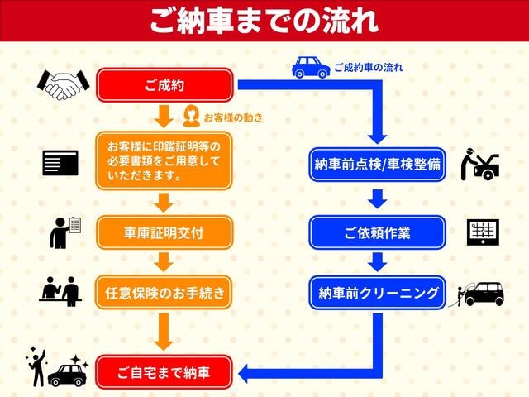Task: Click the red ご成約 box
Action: [164, 85]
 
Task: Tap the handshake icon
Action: [64, 84]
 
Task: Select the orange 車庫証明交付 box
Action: [164, 233]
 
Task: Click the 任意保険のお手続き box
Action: [164, 292]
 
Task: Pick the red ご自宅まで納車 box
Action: [164, 372]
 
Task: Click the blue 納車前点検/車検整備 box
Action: [377, 165]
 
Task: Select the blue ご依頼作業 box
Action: [377, 232]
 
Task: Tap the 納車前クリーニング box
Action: [377, 293]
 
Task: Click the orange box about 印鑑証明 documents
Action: [164, 160]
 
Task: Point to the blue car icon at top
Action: [311, 67]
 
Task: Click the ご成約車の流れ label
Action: [369, 68]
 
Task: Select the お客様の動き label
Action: [233, 117]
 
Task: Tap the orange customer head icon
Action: [191, 116]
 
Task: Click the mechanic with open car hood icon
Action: [480, 164]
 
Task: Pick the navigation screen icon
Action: [483, 232]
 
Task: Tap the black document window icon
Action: [60, 163]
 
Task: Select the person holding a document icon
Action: [65, 232]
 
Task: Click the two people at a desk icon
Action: [60, 291]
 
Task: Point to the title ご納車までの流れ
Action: [264, 21]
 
